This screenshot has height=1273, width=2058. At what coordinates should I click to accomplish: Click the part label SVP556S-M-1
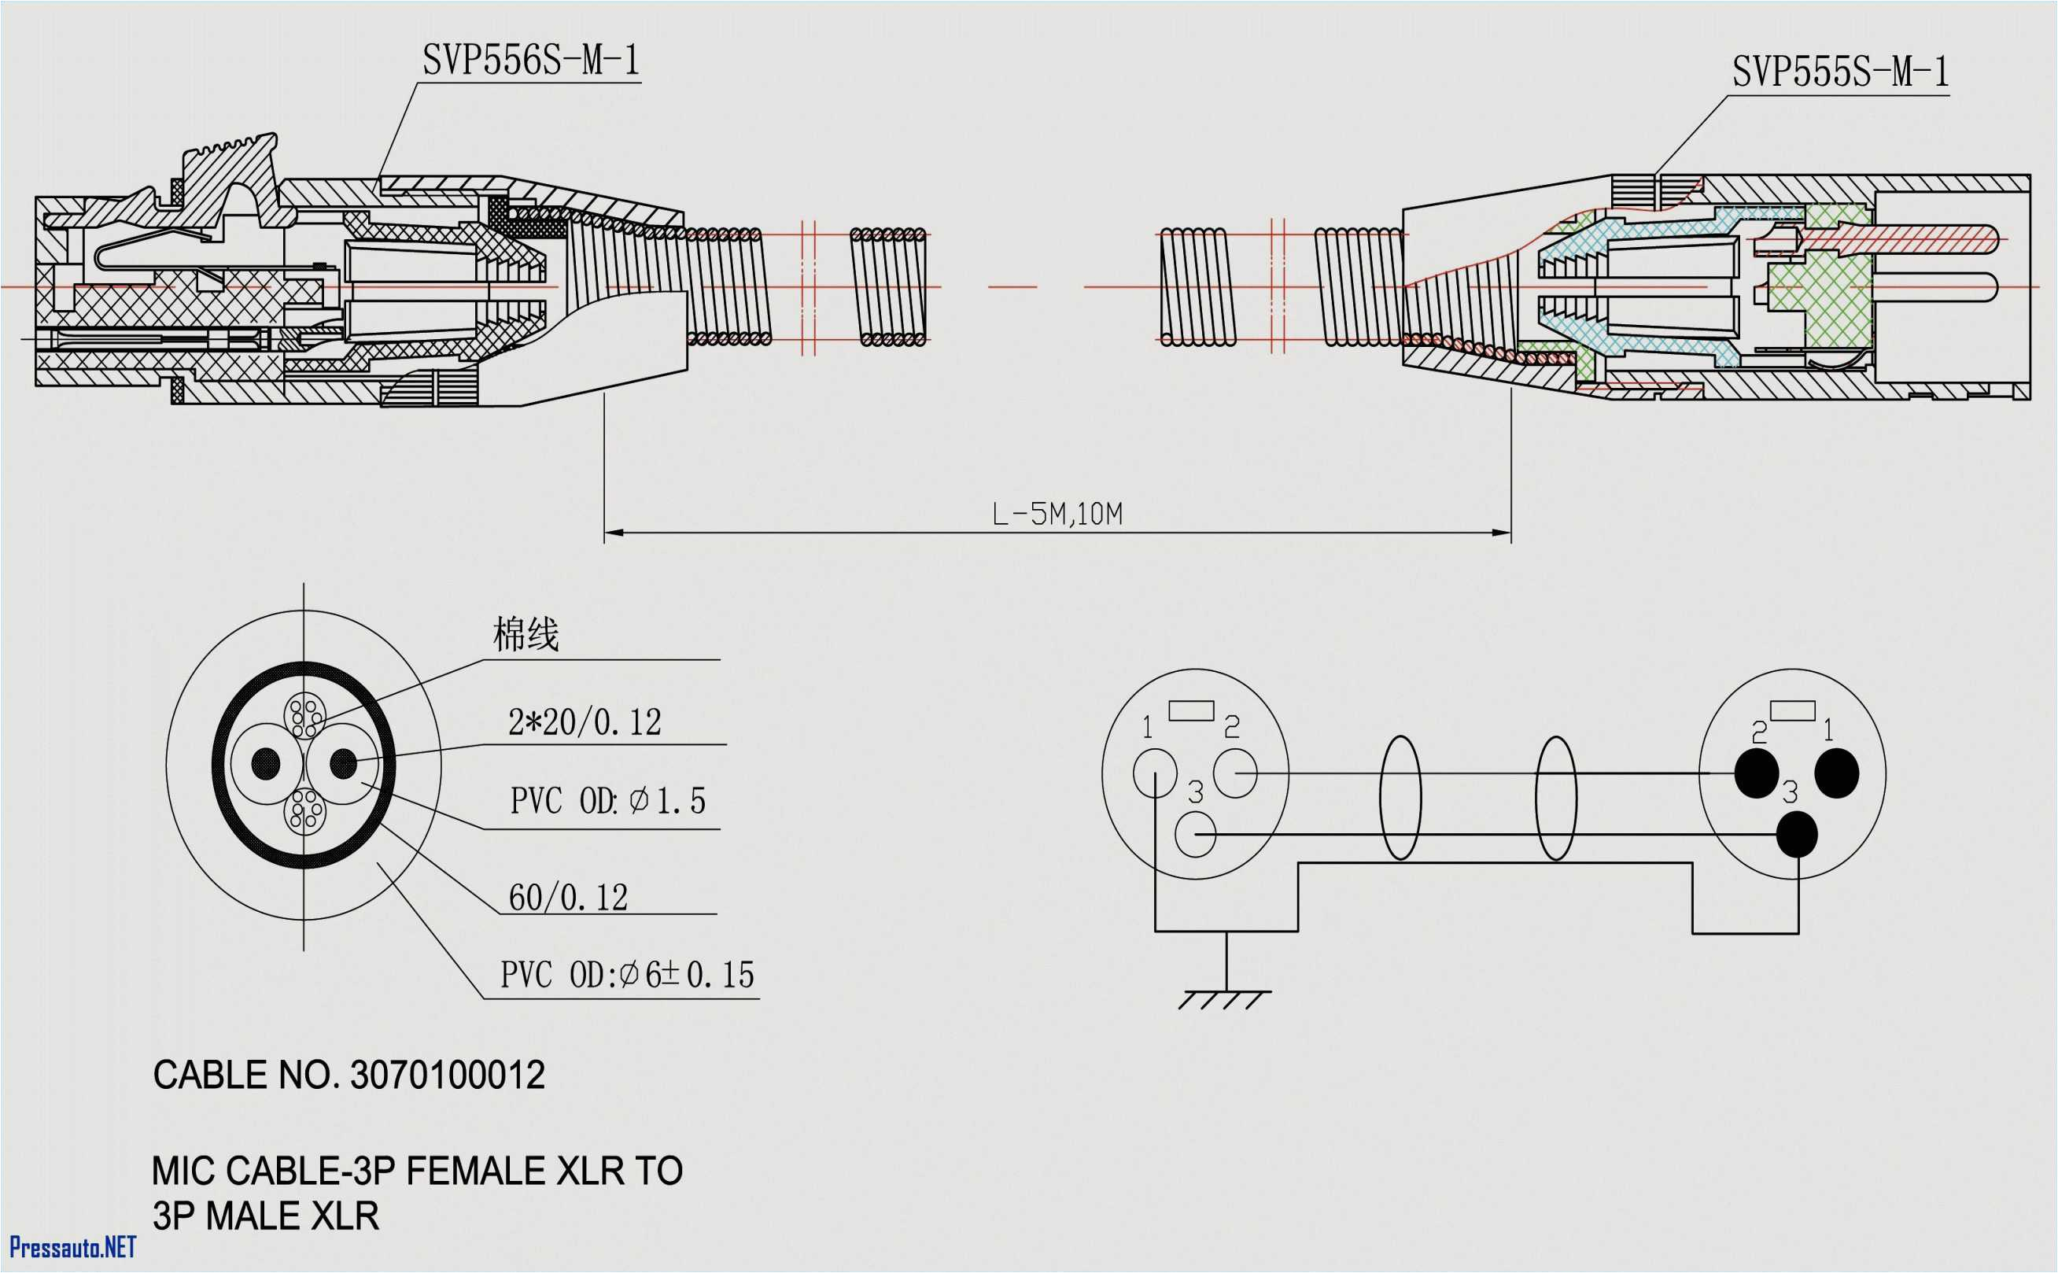pos(531,61)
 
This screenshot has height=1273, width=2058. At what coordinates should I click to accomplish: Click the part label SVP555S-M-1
pos(1840,72)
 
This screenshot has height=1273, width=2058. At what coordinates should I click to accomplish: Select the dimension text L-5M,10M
pos(1057,515)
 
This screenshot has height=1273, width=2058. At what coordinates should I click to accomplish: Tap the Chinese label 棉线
pos(526,635)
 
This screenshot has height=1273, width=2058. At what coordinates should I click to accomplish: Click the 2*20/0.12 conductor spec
pos(585,722)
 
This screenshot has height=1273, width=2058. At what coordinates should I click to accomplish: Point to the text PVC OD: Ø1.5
pos(607,801)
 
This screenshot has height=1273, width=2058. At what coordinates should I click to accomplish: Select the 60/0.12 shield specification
pos(568,898)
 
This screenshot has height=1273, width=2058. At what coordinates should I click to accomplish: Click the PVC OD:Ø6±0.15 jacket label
pos(627,975)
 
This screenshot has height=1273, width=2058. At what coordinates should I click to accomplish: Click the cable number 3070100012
pos(447,1076)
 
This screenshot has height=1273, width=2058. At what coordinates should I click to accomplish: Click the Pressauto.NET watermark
pos(72,1247)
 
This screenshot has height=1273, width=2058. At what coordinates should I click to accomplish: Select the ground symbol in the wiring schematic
pos(1226,998)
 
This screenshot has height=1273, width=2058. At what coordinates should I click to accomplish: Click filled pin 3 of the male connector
pos(1796,834)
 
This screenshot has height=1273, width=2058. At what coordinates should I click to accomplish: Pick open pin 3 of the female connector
pos(1194,834)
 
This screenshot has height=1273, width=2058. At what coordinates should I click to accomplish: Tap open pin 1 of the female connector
pos(1155,773)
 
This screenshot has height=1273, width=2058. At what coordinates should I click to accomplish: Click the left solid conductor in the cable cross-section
pos(266,764)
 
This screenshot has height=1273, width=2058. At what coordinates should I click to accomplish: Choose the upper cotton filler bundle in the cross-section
pos(304,716)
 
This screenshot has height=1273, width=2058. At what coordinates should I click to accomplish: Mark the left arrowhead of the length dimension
pos(613,532)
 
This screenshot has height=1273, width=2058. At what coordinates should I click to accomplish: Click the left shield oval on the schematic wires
pos(1400,798)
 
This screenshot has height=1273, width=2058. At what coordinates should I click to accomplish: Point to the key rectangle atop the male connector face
pos(1793,711)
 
